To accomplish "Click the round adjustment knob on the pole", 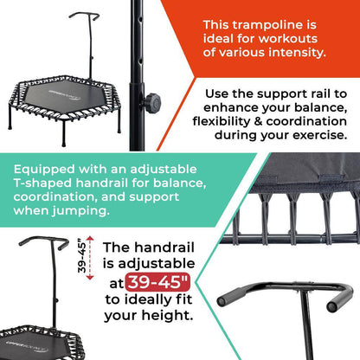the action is click(x=151, y=103).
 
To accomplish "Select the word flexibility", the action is click(x=222, y=121).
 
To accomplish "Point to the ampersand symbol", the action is click(x=258, y=121).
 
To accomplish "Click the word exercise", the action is click(x=320, y=135).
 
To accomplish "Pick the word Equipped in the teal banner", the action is click(x=44, y=170).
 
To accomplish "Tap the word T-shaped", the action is click(x=42, y=183).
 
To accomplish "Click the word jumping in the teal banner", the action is click(x=80, y=211).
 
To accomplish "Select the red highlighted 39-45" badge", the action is click(x=158, y=282).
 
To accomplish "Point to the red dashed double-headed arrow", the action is click(x=90, y=258).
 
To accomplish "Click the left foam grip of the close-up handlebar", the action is click(x=231, y=296).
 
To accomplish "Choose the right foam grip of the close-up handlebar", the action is click(x=339, y=299).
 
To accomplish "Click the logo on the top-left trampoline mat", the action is click(x=64, y=95).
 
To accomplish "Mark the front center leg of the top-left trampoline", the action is click(x=64, y=133).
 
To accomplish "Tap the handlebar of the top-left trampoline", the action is click(x=84, y=16).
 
